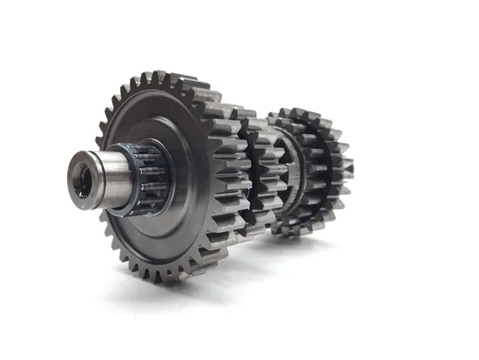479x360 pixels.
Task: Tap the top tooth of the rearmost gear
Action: tap(300, 112)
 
